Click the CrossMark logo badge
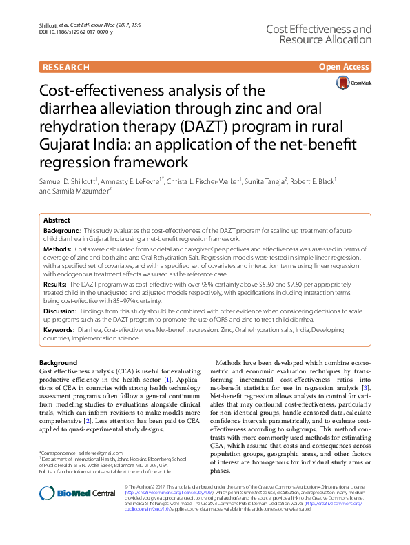[x=353, y=83]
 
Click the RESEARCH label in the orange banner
[x=65, y=68]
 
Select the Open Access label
[x=345, y=68]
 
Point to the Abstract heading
[x=57, y=220]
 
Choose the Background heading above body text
[x=58, y=362]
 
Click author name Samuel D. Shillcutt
[x=68, y=181]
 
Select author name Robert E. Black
[x=310, y=181]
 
